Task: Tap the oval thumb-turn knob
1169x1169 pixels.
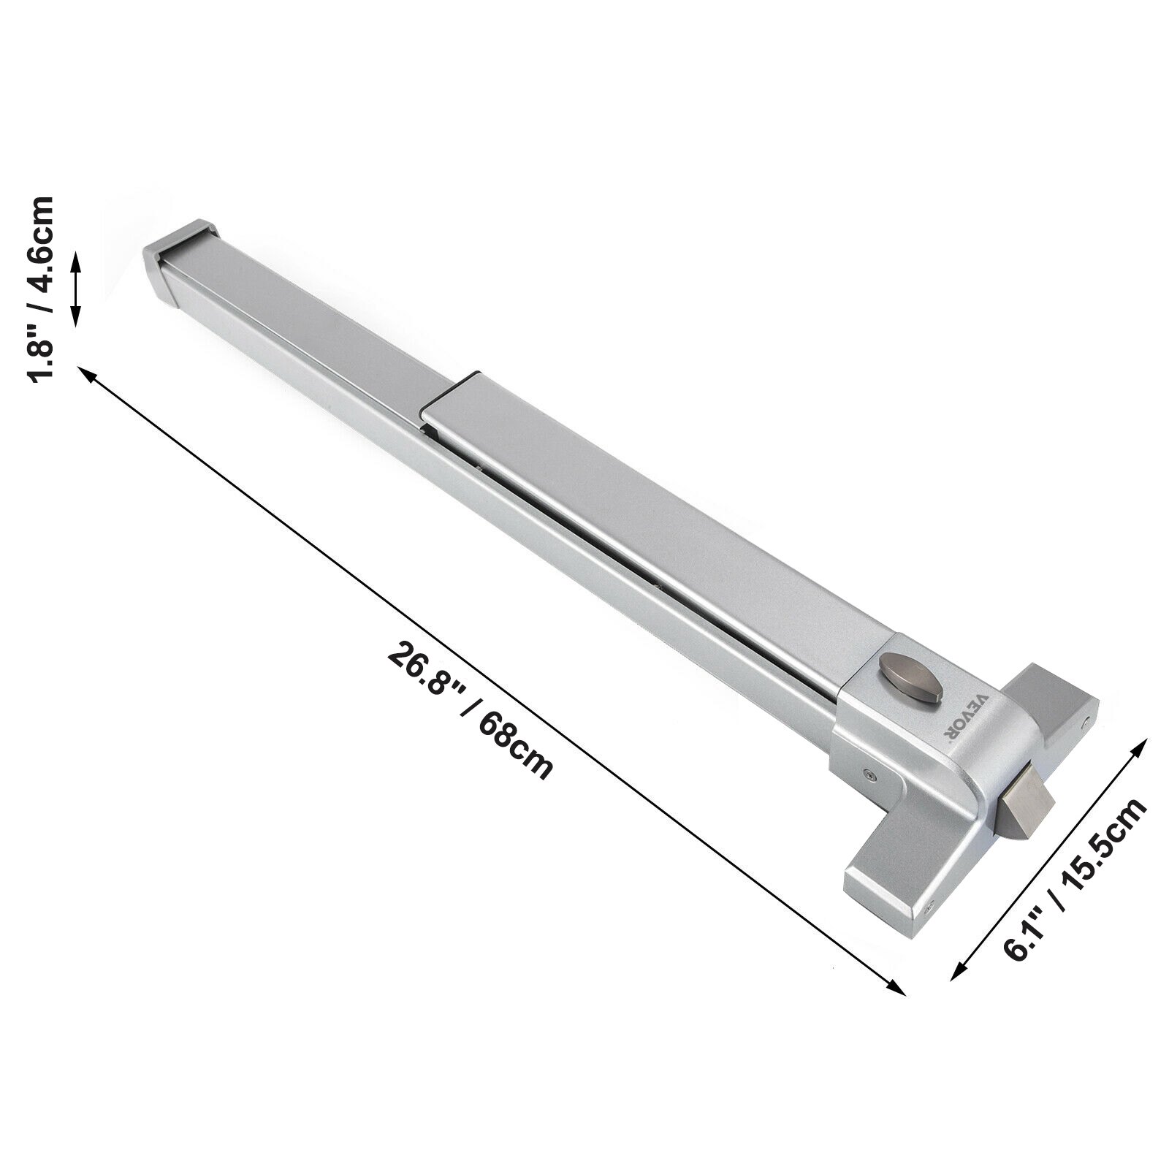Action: coord(905,669)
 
